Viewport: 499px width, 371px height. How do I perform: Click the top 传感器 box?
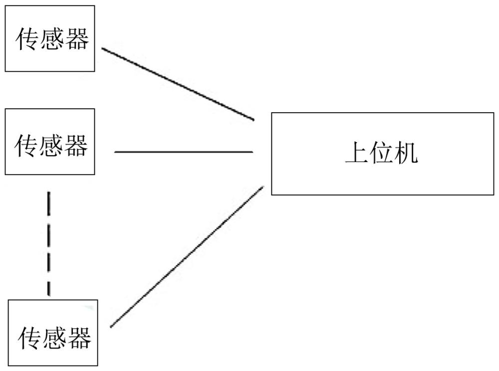click(50, 38)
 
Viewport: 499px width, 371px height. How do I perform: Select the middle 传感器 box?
click(50, 142)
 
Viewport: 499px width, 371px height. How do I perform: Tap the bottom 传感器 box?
click(53, 333)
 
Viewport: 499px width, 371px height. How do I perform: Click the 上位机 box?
click(383, 154)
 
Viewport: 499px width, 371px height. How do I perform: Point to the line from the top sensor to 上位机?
click(178, 84)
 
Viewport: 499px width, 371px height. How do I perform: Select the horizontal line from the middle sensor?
click(184, 152)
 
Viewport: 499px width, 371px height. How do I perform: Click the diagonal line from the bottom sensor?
click(187, 256)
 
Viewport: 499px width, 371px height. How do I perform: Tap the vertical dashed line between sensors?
click(49, 243)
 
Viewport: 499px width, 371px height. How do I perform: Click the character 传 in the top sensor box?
click(27, 39)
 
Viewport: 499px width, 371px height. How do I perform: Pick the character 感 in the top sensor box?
click(52, 39)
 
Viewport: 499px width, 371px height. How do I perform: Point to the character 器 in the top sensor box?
click(77, 39)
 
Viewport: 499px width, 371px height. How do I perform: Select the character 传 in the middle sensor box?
click(26, 146)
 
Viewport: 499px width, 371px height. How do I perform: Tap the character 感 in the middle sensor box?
click(51, 146)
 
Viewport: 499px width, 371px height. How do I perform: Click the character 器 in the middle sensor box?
click(76, 146)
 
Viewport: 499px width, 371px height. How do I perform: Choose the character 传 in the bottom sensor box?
click(30, 338)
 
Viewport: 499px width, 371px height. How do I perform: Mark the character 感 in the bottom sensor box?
click(55, 338)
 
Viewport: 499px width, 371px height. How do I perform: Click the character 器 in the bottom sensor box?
click(79, 338)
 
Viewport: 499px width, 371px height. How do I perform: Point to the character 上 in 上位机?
click(357, 153)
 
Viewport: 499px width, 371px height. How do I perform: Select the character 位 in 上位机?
click(382, 153)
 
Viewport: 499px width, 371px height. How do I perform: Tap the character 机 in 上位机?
click(406, 153)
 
